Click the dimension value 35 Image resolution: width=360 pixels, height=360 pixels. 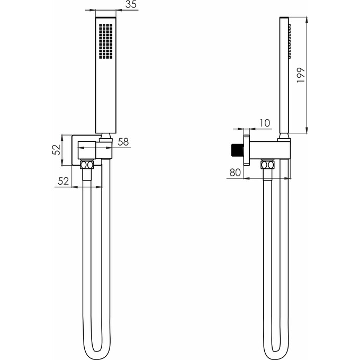(131, 5)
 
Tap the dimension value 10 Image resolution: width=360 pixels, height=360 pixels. (264, 123)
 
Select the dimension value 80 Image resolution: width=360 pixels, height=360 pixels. (235, 172)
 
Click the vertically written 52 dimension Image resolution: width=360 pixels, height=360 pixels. (56, 149)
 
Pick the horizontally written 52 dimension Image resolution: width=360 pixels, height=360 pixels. (63, 181)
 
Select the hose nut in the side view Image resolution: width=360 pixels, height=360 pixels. (268, 166)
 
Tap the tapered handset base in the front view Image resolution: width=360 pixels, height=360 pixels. (106, 137)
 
